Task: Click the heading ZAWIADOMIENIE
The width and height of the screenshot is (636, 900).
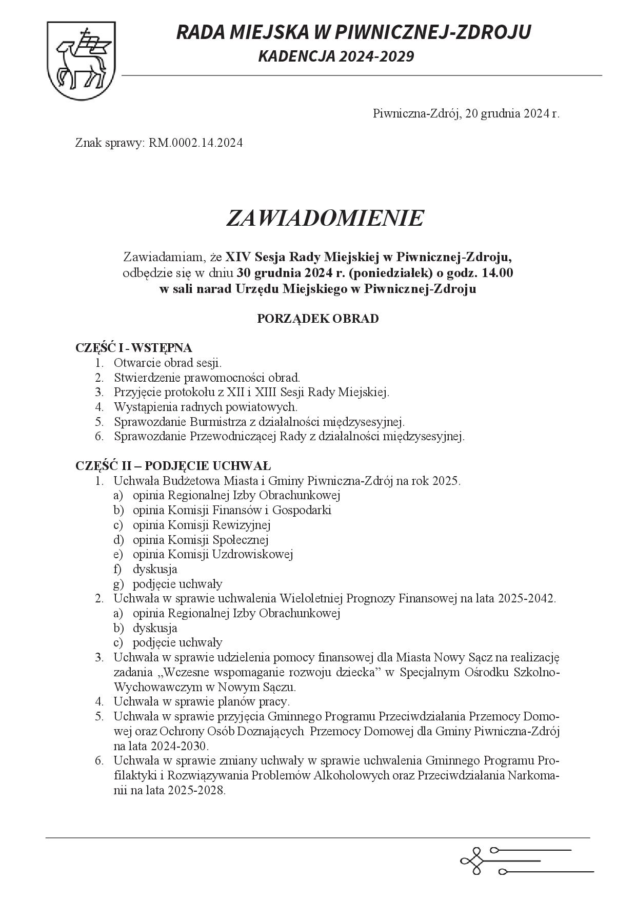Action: [x=325, y=218]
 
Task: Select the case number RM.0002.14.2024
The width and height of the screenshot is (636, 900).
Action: [x=195, y=143]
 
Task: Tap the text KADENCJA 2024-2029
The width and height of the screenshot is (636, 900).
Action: [x=336, y=56]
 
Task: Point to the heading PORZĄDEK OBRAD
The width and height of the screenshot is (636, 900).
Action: [x=317, y=319]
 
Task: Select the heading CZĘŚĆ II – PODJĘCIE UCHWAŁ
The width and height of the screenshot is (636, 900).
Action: [x=173, y=466]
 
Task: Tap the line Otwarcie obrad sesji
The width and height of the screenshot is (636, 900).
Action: [x=168, y=363]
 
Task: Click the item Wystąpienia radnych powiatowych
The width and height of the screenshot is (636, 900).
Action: [x=206, y=407]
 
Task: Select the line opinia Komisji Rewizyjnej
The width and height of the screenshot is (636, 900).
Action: [x=202, y=525]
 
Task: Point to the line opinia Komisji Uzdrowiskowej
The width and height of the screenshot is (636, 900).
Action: [x=212, y=554]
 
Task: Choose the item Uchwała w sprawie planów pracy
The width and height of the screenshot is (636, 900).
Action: [x=202, y=701]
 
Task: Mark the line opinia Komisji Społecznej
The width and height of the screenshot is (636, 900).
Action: [x=201, y=540]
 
